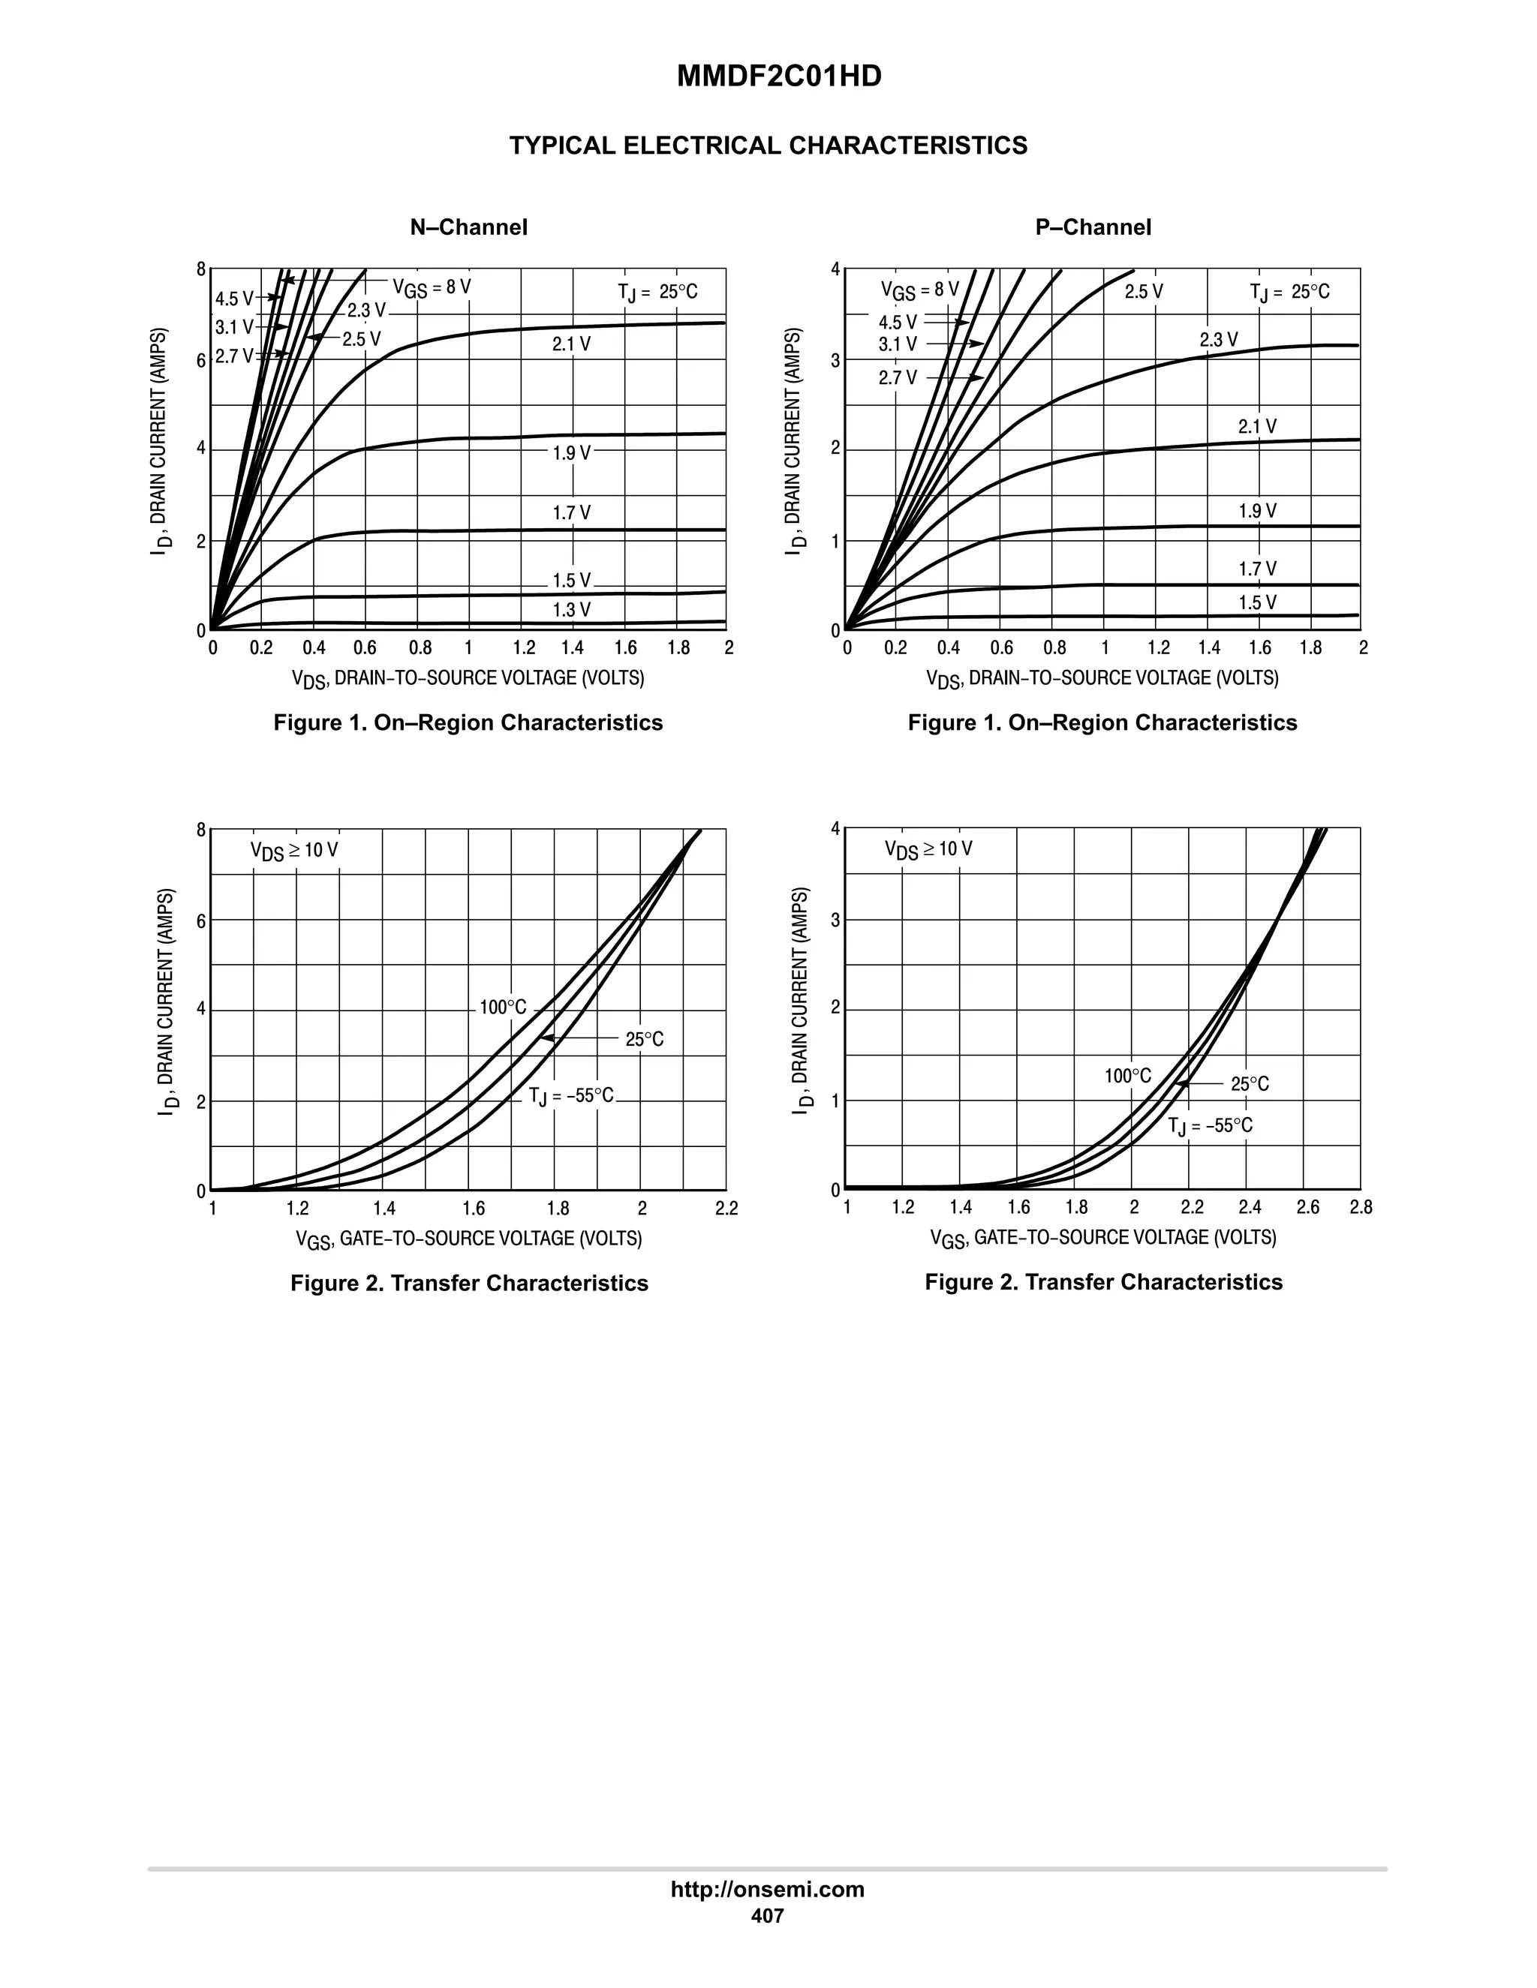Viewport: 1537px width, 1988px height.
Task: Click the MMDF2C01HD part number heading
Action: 778,77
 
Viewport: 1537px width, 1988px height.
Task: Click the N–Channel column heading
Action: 468,227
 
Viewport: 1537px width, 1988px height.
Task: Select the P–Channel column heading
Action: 1092,227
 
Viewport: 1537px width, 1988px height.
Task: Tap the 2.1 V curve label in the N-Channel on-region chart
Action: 571,344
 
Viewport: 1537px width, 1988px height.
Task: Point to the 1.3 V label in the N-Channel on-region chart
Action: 571,610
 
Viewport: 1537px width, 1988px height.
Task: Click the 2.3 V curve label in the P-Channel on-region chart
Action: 1218,341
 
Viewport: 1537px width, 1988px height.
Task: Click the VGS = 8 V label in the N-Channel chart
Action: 432,287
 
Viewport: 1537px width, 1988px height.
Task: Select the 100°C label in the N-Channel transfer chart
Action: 503,1008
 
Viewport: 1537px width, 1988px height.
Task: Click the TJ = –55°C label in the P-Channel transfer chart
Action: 1210,1126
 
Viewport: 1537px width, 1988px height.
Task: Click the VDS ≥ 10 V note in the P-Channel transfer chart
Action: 928,849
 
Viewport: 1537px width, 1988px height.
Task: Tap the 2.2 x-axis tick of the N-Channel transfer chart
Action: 726,1209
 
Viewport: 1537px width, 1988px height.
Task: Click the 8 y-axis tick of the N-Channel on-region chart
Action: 201,269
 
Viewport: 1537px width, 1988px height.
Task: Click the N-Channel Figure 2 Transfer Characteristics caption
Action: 469,1284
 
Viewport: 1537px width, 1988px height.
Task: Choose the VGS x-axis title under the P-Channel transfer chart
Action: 1102,1238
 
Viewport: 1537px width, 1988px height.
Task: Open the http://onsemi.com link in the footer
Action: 768,1889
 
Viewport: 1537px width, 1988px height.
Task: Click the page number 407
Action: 767,1916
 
